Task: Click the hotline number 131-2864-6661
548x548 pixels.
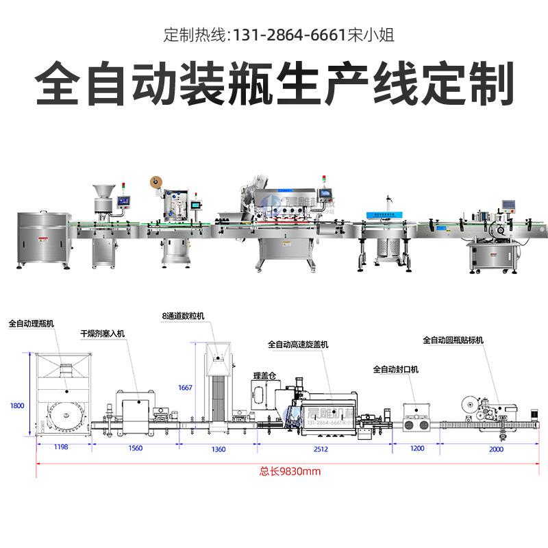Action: (x=288, y=35)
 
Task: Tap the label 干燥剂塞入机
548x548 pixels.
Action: (x=103, y=334)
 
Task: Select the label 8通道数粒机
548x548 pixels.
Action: (x=183, y=316)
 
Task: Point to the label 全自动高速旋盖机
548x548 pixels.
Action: (x=298, y=345)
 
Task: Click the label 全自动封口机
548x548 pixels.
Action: (x=395, y=369)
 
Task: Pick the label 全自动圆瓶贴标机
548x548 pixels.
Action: (x=453, y=340)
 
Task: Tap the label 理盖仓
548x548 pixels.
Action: (x=263, y=375)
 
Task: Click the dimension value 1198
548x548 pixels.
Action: (x=62, y=449)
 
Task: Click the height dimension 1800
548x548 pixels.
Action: (x=17, y=406)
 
